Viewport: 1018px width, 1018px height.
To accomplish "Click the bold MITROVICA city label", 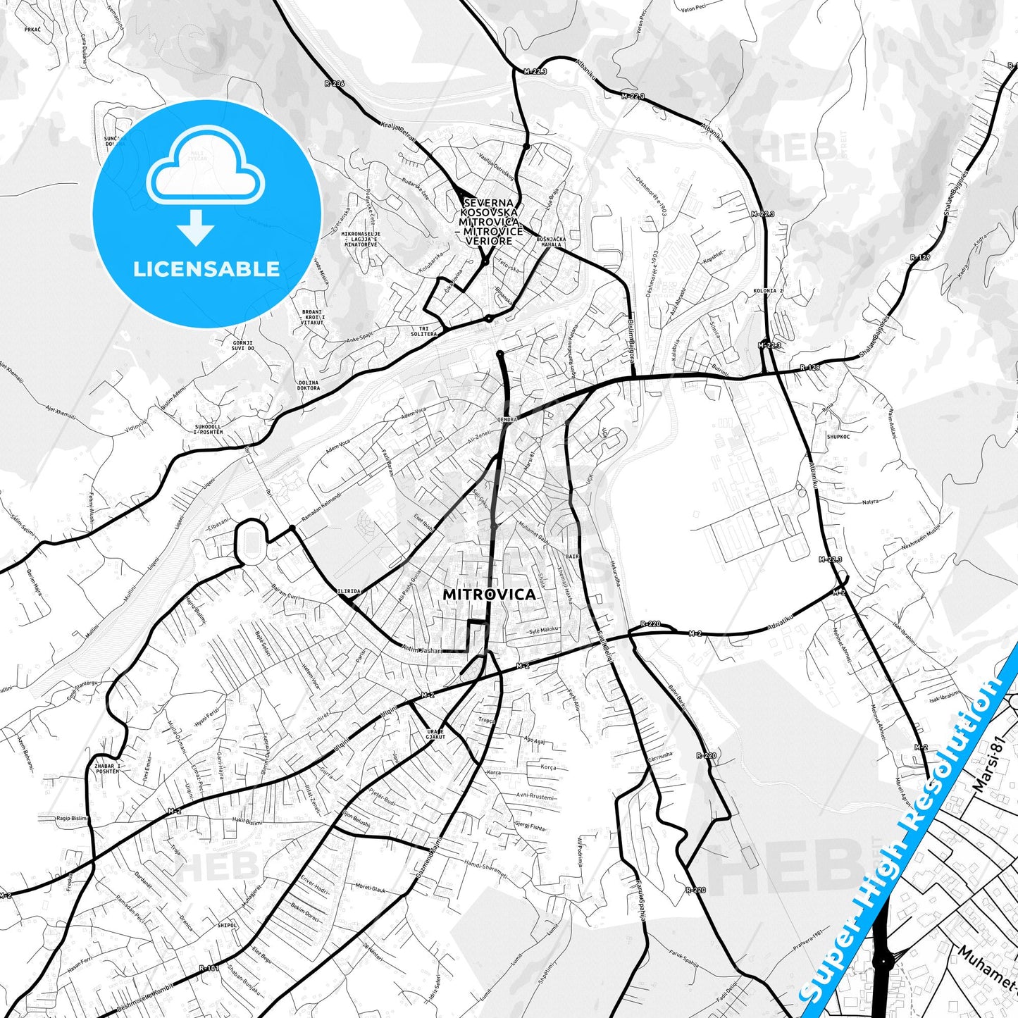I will pos(489,595).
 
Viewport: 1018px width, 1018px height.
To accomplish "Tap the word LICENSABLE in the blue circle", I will pos(206,268).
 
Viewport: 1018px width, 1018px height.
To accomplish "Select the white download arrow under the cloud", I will pos(196,227).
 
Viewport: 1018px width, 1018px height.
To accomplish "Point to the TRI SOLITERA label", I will pos(423,331).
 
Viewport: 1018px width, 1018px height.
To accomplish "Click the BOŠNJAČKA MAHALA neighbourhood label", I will pos(552,242).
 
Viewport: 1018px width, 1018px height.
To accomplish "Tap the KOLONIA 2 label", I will pos(768,290).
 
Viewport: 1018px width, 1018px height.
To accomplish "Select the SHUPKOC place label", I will pos(838,437).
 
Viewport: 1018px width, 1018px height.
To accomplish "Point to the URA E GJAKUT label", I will pos(436,735).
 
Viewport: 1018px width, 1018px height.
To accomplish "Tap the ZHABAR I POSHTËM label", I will pos(107,769).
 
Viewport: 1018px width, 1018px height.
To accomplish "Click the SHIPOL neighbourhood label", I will pos(227,925).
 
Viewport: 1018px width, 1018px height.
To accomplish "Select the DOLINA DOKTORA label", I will pos(309,385).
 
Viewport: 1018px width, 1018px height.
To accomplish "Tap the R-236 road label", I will pos(335,83).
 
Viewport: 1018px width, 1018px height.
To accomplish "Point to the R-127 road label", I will pos(919,257).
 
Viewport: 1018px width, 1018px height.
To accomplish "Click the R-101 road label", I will pos(208,968).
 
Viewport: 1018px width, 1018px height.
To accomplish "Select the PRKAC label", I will pos(32,30).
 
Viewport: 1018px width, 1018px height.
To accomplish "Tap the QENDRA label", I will pos(507,419).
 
